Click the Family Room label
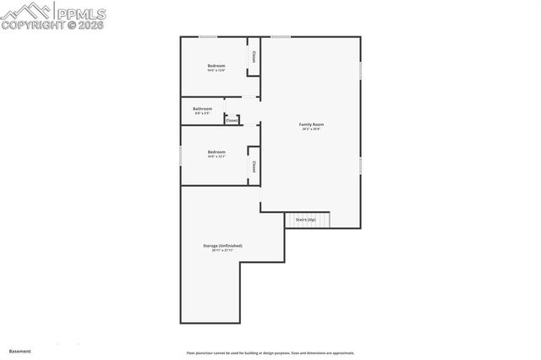pos(312,124)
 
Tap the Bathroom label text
pos(203,108)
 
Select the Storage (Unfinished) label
pos(222,246)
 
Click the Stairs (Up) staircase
pos(306,220)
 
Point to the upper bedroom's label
pos(216,65)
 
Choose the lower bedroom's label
pos(216,152)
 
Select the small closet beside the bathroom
pos(232,120)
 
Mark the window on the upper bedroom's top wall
pos(207,36)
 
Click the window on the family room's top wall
pos(281,36)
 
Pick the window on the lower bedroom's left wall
pos(181,156)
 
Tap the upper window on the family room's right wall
pos(361,70)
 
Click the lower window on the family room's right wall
pos(361,166)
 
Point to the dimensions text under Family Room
pos(312,129)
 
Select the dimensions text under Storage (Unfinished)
pos(222,251)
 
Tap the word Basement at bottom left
pos(19,351)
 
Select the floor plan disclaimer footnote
pos(270,353)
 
